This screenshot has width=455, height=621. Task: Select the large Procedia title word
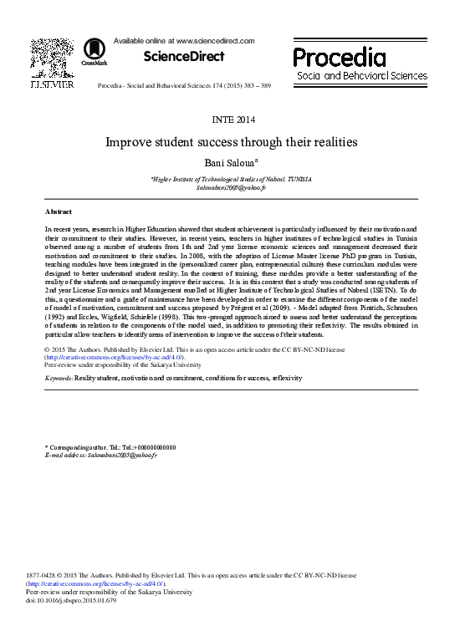coord(339,57)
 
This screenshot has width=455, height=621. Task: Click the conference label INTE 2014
coord(227,120)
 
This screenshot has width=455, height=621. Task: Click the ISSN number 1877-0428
coord(43,577)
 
